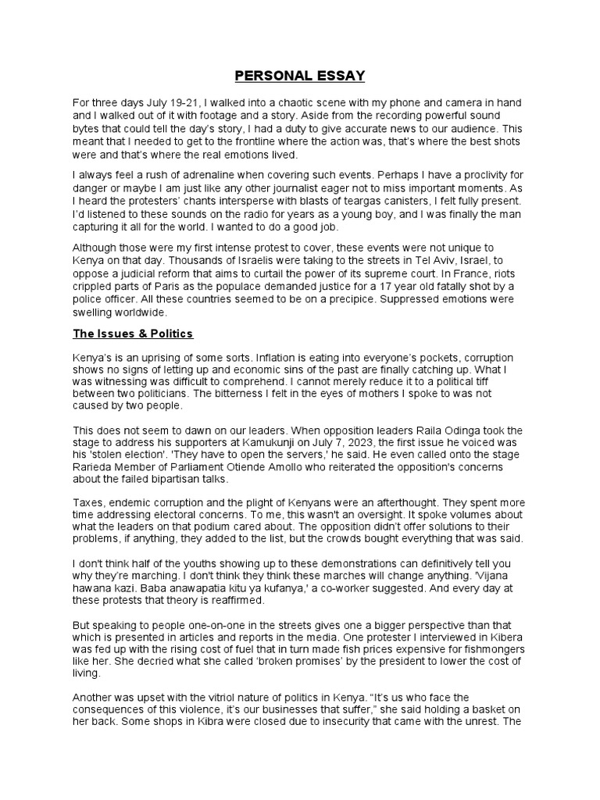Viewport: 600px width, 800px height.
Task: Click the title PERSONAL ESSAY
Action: [300, 76]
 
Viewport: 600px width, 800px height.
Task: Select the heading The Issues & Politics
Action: [132, 334]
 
